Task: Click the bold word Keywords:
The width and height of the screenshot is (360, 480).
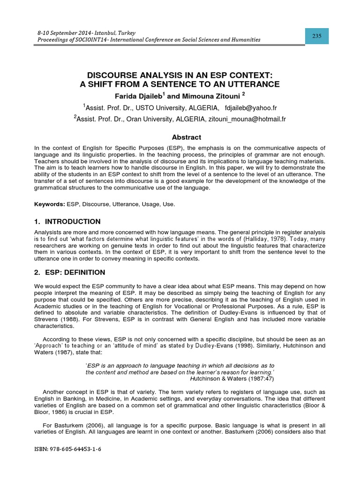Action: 50,204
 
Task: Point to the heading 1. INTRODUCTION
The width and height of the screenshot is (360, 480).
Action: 67,221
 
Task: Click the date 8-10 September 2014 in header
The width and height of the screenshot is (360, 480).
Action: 62,32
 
